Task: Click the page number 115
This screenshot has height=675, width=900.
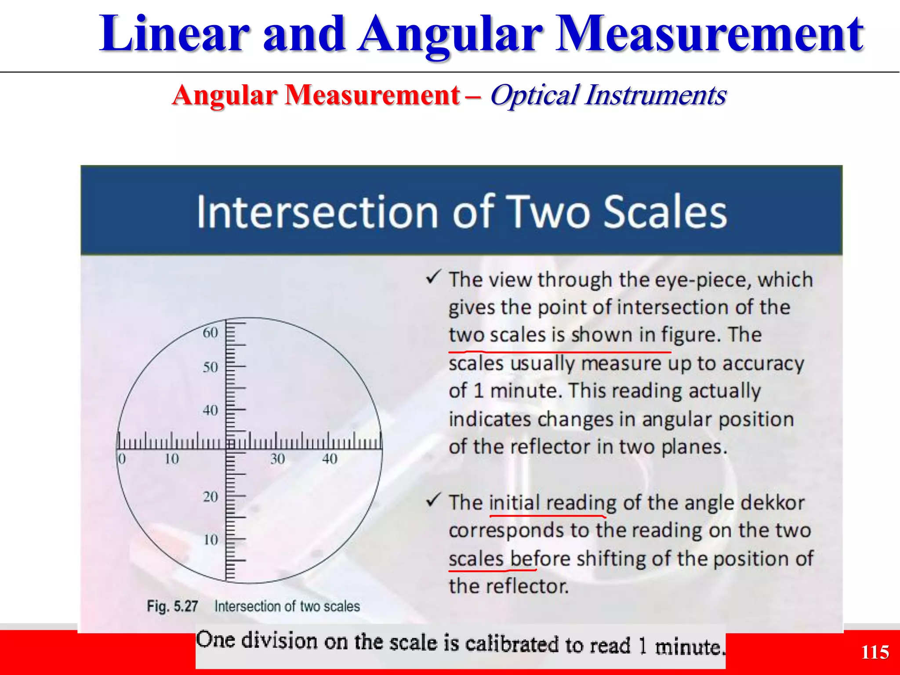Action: click(875, 652)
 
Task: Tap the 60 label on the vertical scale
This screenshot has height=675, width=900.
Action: click(210, 333)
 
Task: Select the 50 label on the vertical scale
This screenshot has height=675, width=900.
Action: click(210, 367)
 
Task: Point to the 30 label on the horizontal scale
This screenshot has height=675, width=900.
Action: click(277, 459)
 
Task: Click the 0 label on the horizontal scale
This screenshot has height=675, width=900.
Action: click(122, 459)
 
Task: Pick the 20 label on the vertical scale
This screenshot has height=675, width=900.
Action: click(210, 497)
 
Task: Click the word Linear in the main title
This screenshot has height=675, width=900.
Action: click(174, 34)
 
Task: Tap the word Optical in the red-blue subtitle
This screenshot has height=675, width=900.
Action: click(533, 95)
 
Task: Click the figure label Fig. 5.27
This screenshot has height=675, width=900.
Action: click(172, 606)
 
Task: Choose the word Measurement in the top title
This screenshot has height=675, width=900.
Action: click(709, 34)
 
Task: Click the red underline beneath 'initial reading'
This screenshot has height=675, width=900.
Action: click(547, 515)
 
